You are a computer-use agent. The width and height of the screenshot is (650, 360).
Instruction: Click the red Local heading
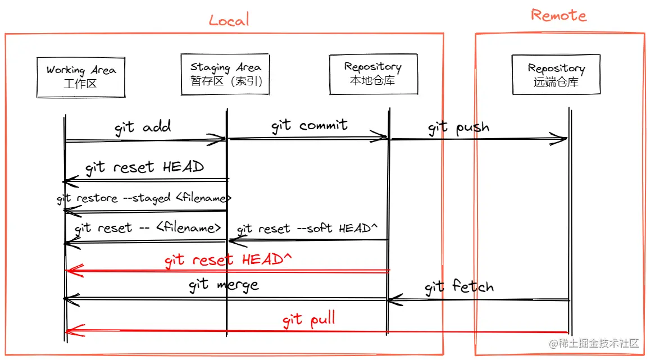(229, 20)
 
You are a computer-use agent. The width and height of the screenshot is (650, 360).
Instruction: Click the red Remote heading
(558, 15)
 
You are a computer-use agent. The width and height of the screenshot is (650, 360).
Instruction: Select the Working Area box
(81, 77)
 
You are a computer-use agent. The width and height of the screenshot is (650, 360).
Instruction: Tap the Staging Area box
(225, 74)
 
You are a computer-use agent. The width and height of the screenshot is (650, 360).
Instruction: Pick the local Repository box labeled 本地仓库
(372, 74)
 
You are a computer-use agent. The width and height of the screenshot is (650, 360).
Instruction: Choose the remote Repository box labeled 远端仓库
(556, 75)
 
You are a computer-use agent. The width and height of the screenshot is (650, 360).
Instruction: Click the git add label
(143, 127)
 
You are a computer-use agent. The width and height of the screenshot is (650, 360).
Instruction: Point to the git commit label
(310, 125)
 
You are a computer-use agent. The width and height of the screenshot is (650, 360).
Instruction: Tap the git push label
(458, 128)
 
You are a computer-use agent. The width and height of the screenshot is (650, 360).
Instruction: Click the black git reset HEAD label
(144, 167)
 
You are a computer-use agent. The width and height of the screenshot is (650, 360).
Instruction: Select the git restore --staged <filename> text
(144, 198)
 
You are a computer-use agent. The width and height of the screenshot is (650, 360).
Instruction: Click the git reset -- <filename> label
(148, 228)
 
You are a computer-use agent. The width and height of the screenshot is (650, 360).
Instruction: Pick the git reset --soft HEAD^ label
(307, 229)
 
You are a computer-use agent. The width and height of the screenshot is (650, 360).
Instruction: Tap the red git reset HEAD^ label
(229, 259)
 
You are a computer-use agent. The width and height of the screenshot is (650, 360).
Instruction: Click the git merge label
(224, 285)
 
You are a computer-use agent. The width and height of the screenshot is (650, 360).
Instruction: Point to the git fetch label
(459, 287)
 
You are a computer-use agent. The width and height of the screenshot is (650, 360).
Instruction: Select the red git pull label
(309, 320)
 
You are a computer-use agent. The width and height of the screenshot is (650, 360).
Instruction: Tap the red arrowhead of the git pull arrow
(73, 331)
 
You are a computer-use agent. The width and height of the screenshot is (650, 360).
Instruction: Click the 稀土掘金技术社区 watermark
(594, 343)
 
